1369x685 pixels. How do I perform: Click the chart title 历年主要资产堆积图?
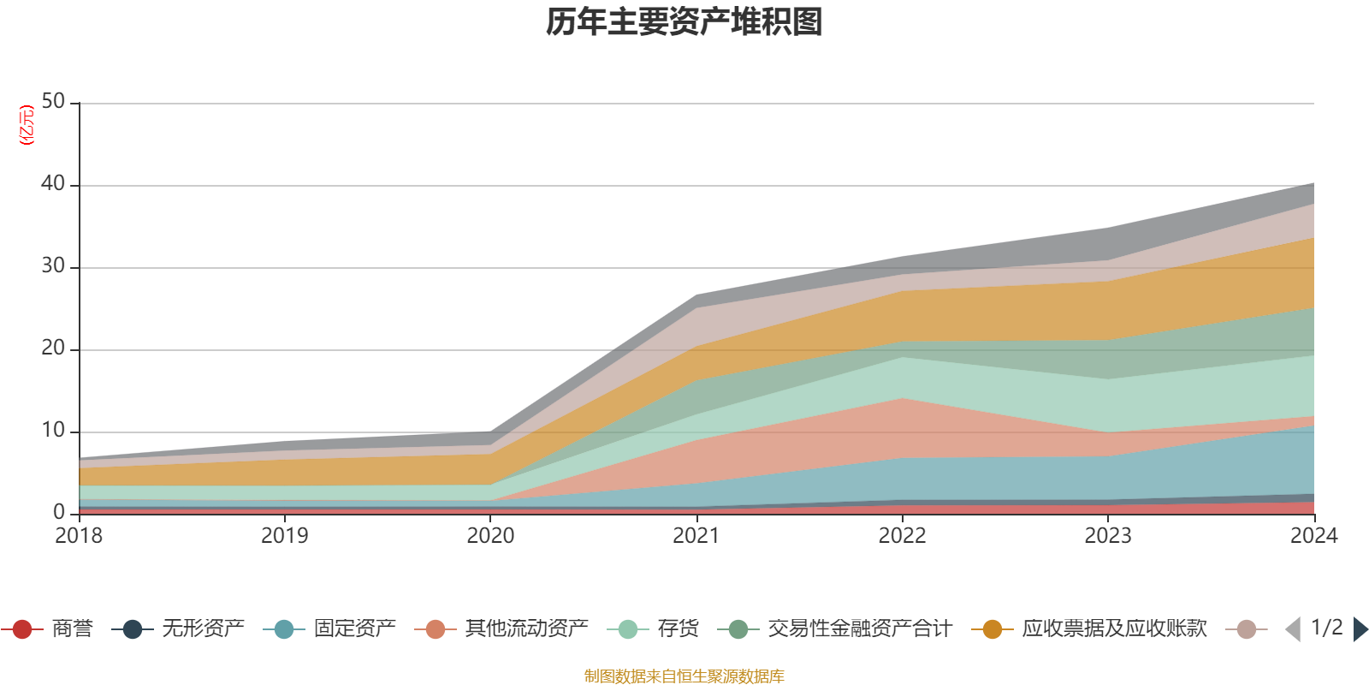(x=684, y=22)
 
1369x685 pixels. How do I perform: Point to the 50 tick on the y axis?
(x=53, y=102)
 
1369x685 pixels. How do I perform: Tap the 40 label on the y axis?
(x=53, y=183)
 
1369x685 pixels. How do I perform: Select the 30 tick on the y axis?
(x=53, y=266)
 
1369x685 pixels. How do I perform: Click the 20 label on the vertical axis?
(x=53, y=348)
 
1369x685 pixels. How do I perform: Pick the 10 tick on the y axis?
(x=53, y=431)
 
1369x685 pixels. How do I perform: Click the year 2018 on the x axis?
(x=79, y=536)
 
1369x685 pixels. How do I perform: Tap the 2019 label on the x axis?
(x=285, y=536)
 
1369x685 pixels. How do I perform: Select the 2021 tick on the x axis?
(x=696, y=536)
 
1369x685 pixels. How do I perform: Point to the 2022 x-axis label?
(x=902, y=536)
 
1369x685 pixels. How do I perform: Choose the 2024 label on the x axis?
(x=1314, y=536)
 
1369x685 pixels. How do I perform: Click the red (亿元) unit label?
(x=27, y=125)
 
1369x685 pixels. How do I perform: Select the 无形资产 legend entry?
(x=178, y=628)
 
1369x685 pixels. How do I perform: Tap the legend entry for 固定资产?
(x=329, y=628)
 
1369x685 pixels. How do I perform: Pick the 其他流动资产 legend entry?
(x=501, y=628)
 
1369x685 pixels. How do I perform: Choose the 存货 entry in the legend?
(x=653, y=628)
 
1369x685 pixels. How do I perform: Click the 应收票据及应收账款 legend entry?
(x=1089, y=628)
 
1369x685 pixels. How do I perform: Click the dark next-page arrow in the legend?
(x=1360, y=628)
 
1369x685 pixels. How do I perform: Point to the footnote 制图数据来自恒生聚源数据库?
(x=684, y=676)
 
